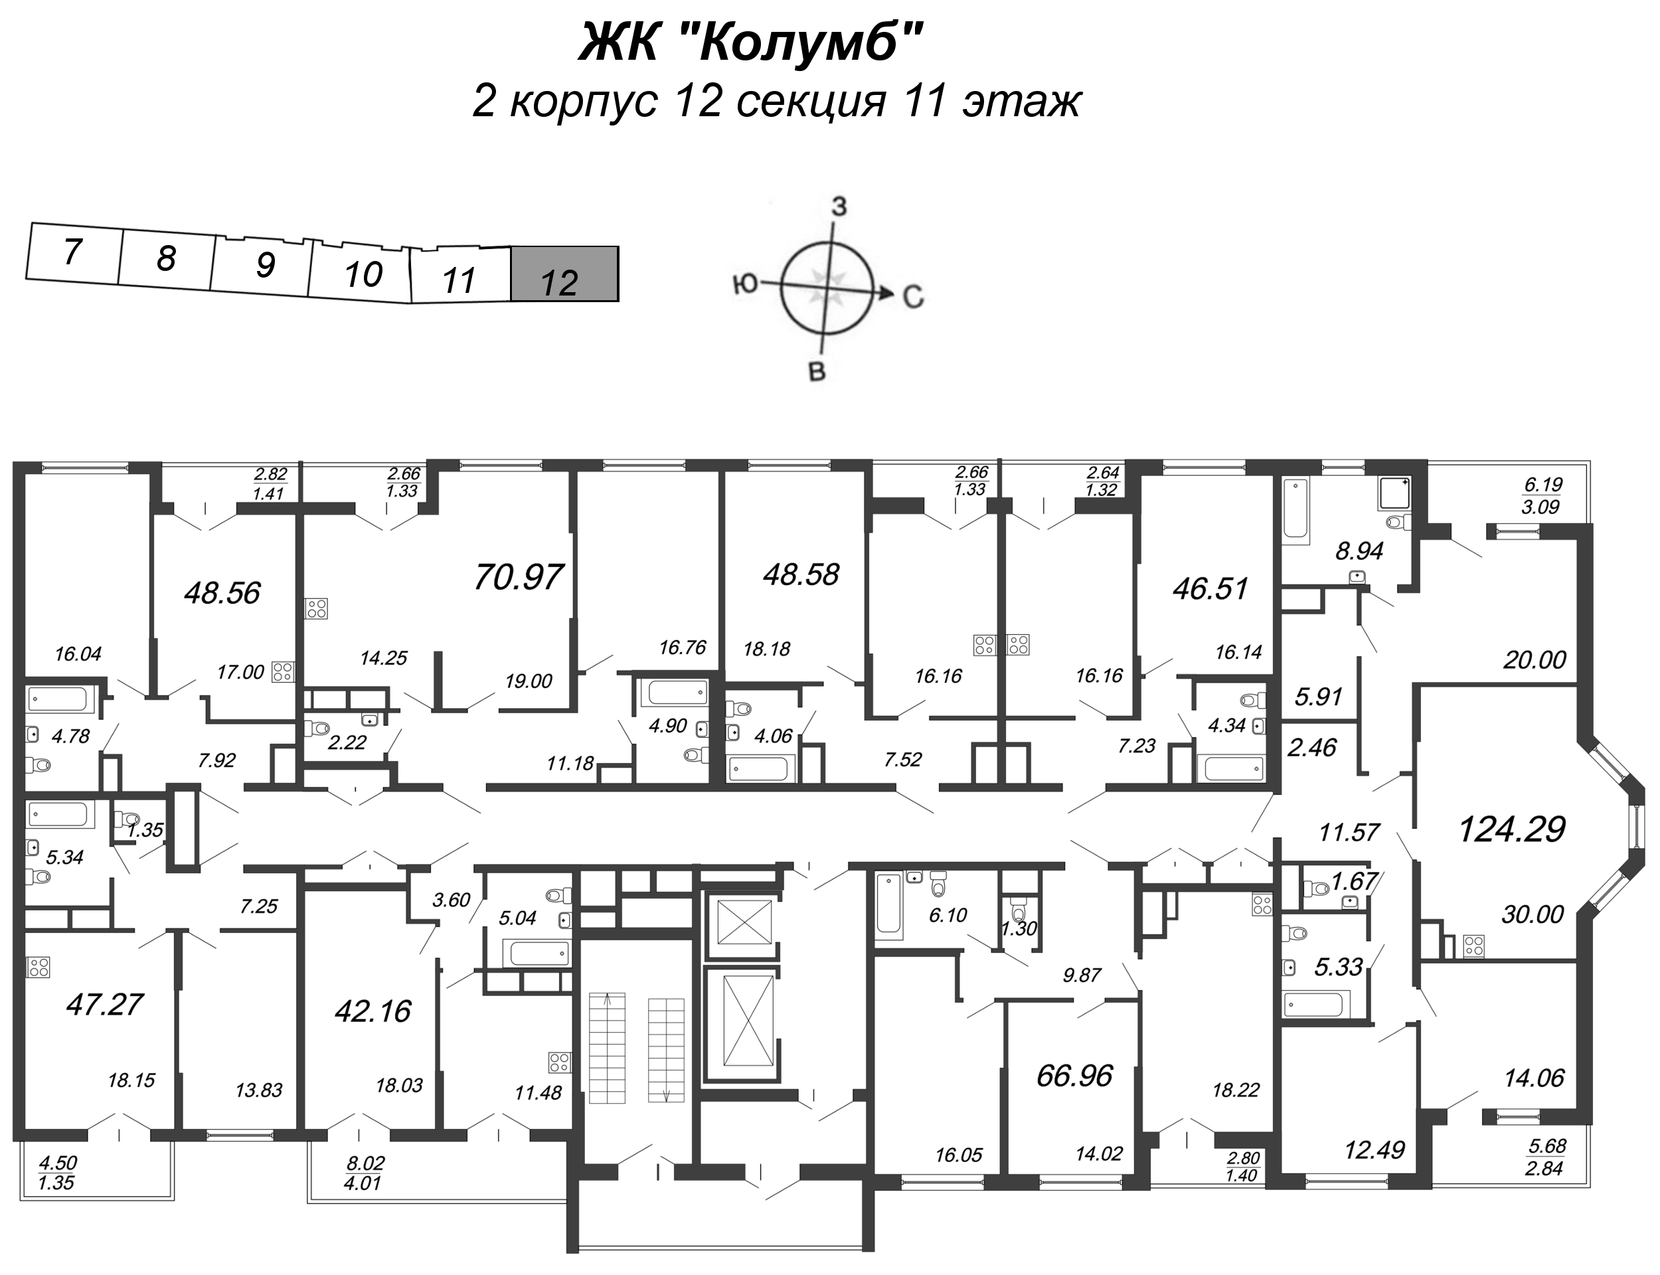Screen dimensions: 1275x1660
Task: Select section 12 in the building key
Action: coord(564,275)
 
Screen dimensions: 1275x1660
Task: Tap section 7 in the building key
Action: coord(72,252)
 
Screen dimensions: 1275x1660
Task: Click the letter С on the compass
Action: coord(913,296)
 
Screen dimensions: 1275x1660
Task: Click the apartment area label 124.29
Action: coord(1511,829)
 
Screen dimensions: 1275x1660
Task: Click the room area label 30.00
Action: coord(1532,914)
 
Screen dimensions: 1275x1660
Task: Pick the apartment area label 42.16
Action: coord(373,1011)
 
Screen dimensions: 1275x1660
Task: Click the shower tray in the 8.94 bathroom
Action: coord(1394,493)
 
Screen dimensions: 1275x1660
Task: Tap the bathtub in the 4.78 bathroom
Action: coord(58,699)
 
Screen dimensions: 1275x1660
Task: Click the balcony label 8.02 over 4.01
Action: coord(366,1173)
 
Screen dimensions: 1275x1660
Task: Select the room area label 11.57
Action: coord(1349,833)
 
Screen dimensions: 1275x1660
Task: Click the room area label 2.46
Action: coord(1312,748)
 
